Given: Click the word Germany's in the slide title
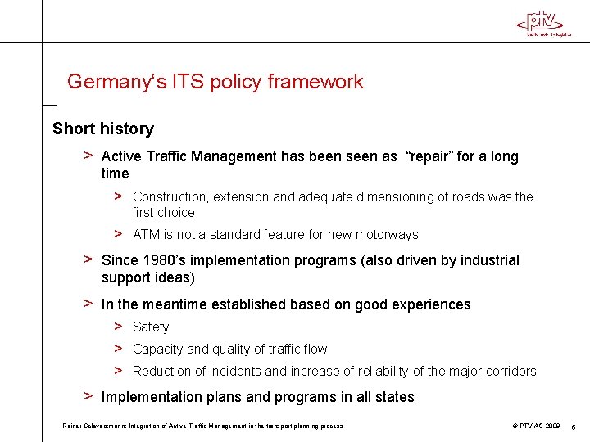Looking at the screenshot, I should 107,82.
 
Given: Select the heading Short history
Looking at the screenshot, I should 103,129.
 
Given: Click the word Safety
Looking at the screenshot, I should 151,327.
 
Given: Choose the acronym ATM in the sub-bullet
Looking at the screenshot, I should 147,235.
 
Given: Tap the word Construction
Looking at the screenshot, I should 170,197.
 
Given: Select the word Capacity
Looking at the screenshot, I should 158,350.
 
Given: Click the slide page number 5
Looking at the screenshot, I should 574,426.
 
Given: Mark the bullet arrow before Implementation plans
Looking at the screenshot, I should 88,396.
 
